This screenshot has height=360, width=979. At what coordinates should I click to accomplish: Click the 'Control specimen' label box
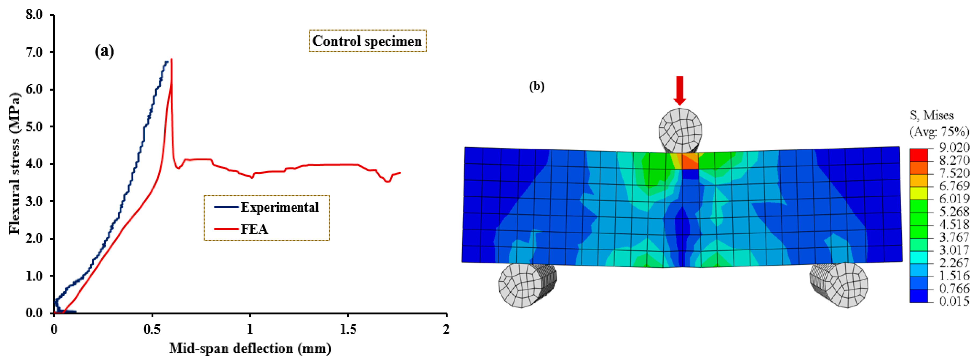click(x=367, y=41)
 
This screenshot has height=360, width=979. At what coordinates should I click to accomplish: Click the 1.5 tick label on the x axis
click(x=348, y=329)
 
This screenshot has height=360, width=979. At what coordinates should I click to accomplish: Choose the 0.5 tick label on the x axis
click(x=152, y=329)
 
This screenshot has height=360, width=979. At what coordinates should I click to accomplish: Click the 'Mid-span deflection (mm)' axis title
click(x=250, y=348)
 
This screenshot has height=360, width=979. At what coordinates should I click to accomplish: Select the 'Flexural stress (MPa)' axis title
click(x=14, y=163)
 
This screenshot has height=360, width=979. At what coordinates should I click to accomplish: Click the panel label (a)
click(x=104, y=51)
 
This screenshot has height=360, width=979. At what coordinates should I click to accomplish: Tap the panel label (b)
click(x=537, y=87)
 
